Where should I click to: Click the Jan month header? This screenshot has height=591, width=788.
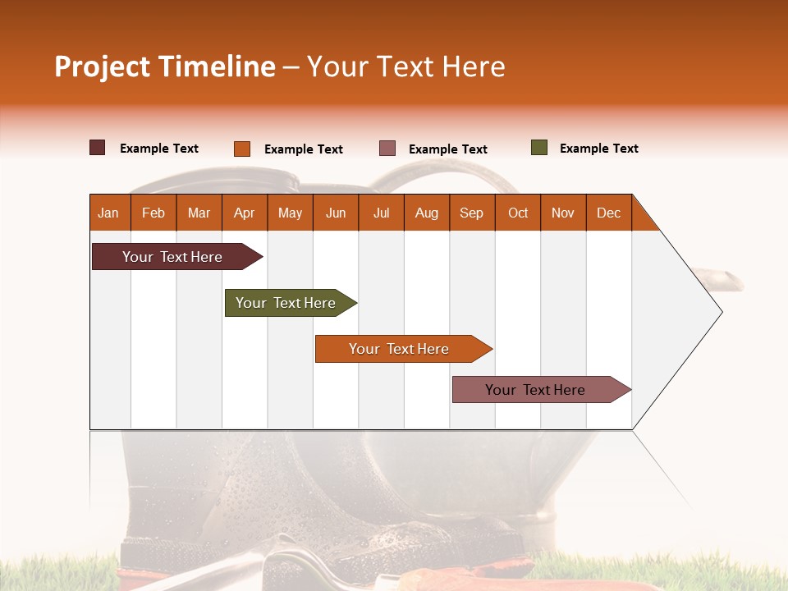tap(109, 213)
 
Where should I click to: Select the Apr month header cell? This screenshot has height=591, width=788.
tap(245, 213)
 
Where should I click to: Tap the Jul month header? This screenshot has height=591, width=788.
tap(381, 213)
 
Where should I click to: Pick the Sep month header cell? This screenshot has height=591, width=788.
tap(471, 213)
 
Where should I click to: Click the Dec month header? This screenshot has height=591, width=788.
tap(608, 213)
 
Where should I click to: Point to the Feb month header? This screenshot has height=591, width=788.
tap(153, 213)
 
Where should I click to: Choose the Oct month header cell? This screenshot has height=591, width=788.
tap(517, 213)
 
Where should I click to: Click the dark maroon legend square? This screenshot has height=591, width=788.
tap(98, 148)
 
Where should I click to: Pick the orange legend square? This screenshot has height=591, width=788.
tap(242, 149)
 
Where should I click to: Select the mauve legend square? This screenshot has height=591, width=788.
tap(387, 149)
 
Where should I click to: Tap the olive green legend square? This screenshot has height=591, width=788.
tap(539, 148)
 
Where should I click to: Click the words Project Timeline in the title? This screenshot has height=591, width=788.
tap(164, 66)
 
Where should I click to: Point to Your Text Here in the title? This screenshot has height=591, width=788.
tap(406, 66)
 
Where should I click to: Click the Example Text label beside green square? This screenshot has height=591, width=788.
tap(598, 149)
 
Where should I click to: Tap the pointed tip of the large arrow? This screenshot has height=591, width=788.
tap(720, 312)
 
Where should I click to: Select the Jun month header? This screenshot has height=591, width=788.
tap(336, 213)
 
